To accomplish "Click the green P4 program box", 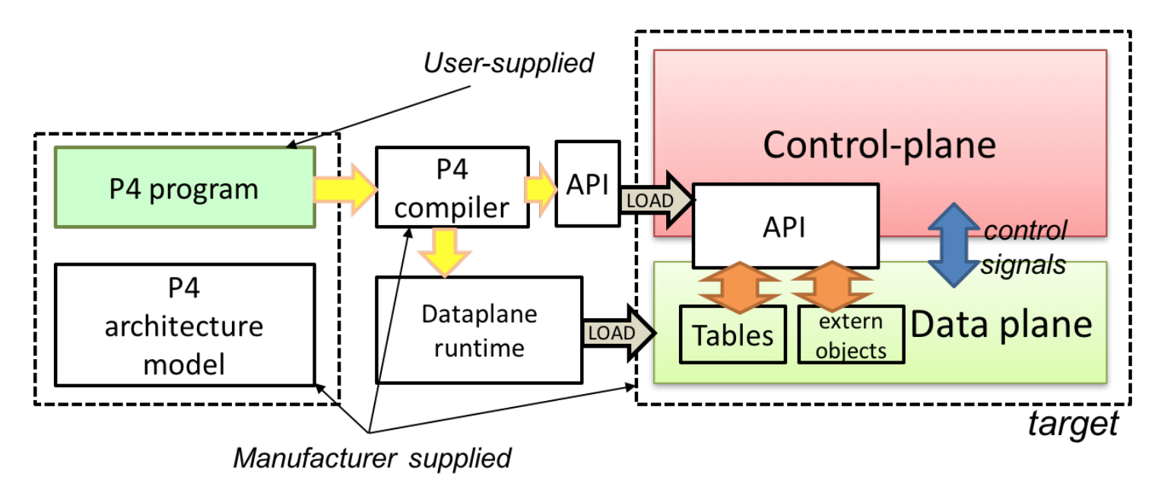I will [x=185, y=188].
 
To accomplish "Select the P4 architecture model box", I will [x=185, y=326].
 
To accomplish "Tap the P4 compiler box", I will [x=452, y=187].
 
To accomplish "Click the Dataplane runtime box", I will [x=479, y=330].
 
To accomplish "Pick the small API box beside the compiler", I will [x=586, y=183].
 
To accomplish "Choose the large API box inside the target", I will [x=785, y=225].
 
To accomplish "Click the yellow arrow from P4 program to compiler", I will [x=346, y=188].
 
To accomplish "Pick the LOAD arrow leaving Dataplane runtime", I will [x=618, y=333].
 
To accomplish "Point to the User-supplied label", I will [x=508, y=62].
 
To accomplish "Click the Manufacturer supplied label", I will [x=372, y=458].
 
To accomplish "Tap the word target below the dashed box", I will [x=1073, y=423].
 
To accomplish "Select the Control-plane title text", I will [x=879, y=144].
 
